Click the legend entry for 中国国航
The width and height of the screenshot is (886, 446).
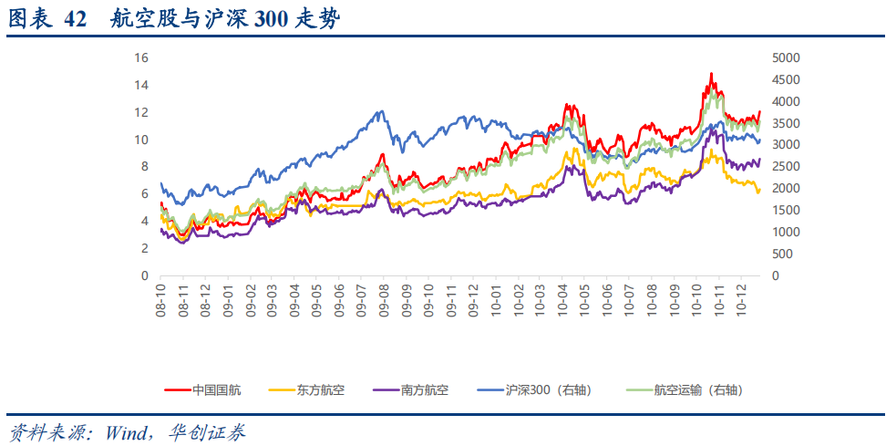(216, 390)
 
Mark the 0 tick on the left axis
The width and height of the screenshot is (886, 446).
(144, 275)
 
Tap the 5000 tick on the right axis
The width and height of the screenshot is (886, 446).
(786, 57)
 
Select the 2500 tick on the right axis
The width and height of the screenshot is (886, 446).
(786, 166)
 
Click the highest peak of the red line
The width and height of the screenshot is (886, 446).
(711, 74)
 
